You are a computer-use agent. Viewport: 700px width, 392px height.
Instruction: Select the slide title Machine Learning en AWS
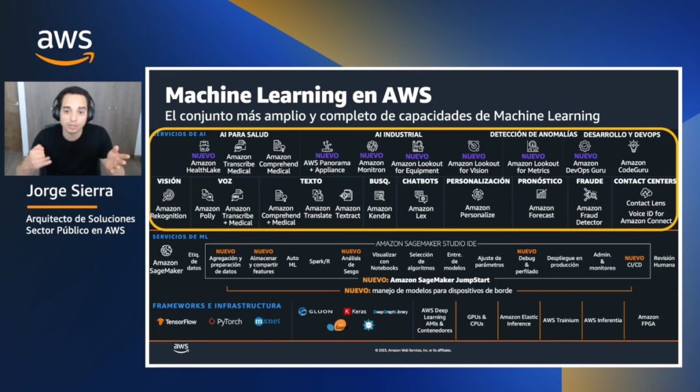[x=298, y=94]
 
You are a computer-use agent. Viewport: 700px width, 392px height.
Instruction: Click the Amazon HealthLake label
[x=203, y=167]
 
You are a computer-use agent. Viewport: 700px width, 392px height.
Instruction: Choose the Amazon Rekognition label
[x=168, y=212]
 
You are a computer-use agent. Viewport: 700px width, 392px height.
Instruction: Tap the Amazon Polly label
[x=207, y=212]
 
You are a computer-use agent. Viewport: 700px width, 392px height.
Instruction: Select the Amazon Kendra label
[x=379, y=212]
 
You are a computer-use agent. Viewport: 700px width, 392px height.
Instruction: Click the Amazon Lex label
[x=421, y=213]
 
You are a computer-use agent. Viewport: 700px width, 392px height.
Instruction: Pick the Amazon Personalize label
[x=478, y=211]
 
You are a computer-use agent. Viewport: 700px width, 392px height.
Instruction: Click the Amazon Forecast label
[x=541, y=211]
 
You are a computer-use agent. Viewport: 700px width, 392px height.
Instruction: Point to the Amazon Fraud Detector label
[x=589, y=215]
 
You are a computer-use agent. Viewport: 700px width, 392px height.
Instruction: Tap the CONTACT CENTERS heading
[x=645, y=181]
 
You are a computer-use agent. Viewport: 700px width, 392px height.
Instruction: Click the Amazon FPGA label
[x=648, y=320]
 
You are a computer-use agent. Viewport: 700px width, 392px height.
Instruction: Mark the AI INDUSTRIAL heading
[x=399, y=135]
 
